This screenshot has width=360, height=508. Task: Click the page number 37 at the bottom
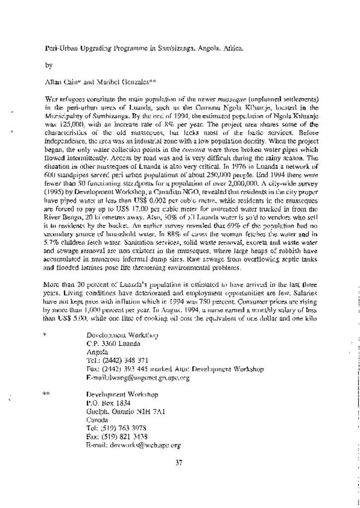pos(179,463)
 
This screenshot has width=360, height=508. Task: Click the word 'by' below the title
pos(48,65)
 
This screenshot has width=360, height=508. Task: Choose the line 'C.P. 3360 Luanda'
pos(113,343)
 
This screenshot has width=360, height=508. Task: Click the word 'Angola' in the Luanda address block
pos(97,352)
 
